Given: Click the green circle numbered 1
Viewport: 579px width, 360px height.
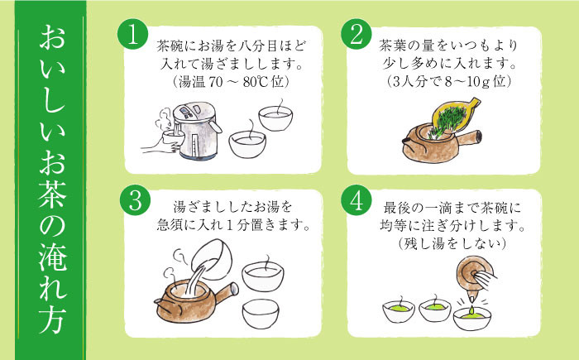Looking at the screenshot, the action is tap(132, 35).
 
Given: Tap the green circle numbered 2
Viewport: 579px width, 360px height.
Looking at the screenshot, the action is tap(356, 35).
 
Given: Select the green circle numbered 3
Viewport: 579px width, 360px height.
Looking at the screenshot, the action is tap(135, 200).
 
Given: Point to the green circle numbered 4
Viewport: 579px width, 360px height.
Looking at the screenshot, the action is tap(356, 200).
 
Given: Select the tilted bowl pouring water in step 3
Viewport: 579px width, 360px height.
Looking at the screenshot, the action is tap(213, 260).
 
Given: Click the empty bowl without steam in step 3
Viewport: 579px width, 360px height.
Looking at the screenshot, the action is tap(261, 314).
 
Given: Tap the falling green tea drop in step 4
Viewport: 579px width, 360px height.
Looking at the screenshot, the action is tap(472, 310).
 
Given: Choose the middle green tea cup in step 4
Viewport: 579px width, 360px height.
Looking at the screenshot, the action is tap(434, 310).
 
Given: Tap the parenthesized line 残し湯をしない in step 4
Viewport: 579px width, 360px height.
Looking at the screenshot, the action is tap(452, 243).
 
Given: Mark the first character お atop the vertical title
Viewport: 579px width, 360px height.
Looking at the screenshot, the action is tap(52, 38).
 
